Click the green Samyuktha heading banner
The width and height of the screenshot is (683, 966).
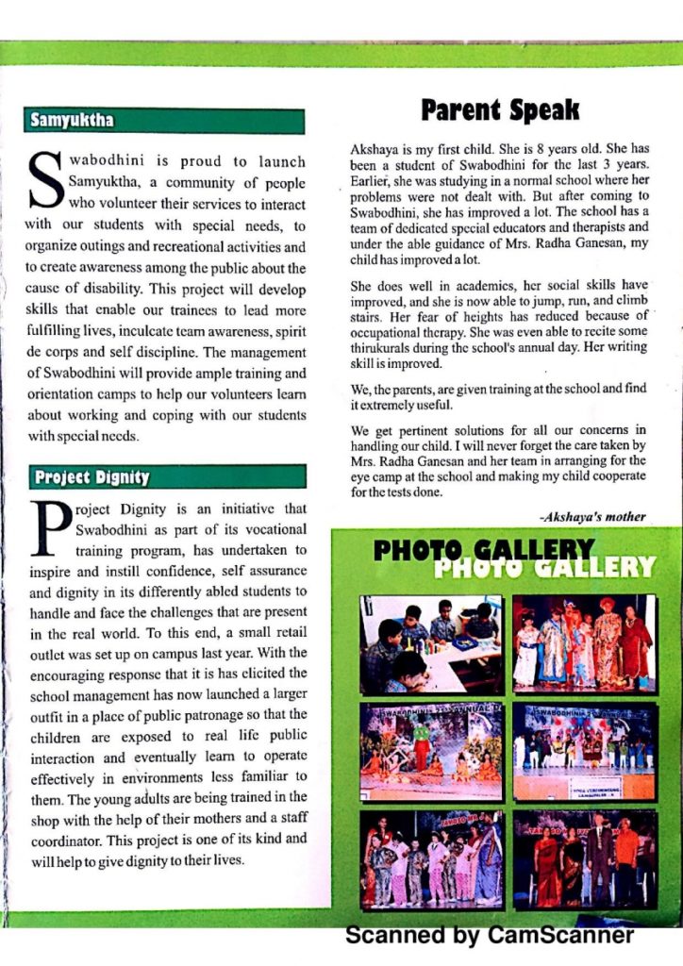[164, 121]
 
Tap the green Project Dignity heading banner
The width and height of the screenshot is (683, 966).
[164, 476]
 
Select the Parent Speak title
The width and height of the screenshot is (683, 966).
[500, 111]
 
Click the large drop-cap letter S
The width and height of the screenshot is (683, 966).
[44, 180]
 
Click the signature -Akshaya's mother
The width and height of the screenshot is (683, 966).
[592, 516]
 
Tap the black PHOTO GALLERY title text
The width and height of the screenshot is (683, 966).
[484, 550]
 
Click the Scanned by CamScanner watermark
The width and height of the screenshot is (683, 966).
[490, 936]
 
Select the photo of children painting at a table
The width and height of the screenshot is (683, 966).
[429, 643]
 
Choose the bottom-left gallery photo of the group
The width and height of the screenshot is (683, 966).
[429, 859]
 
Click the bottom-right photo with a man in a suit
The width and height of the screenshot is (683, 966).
[583, 859]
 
